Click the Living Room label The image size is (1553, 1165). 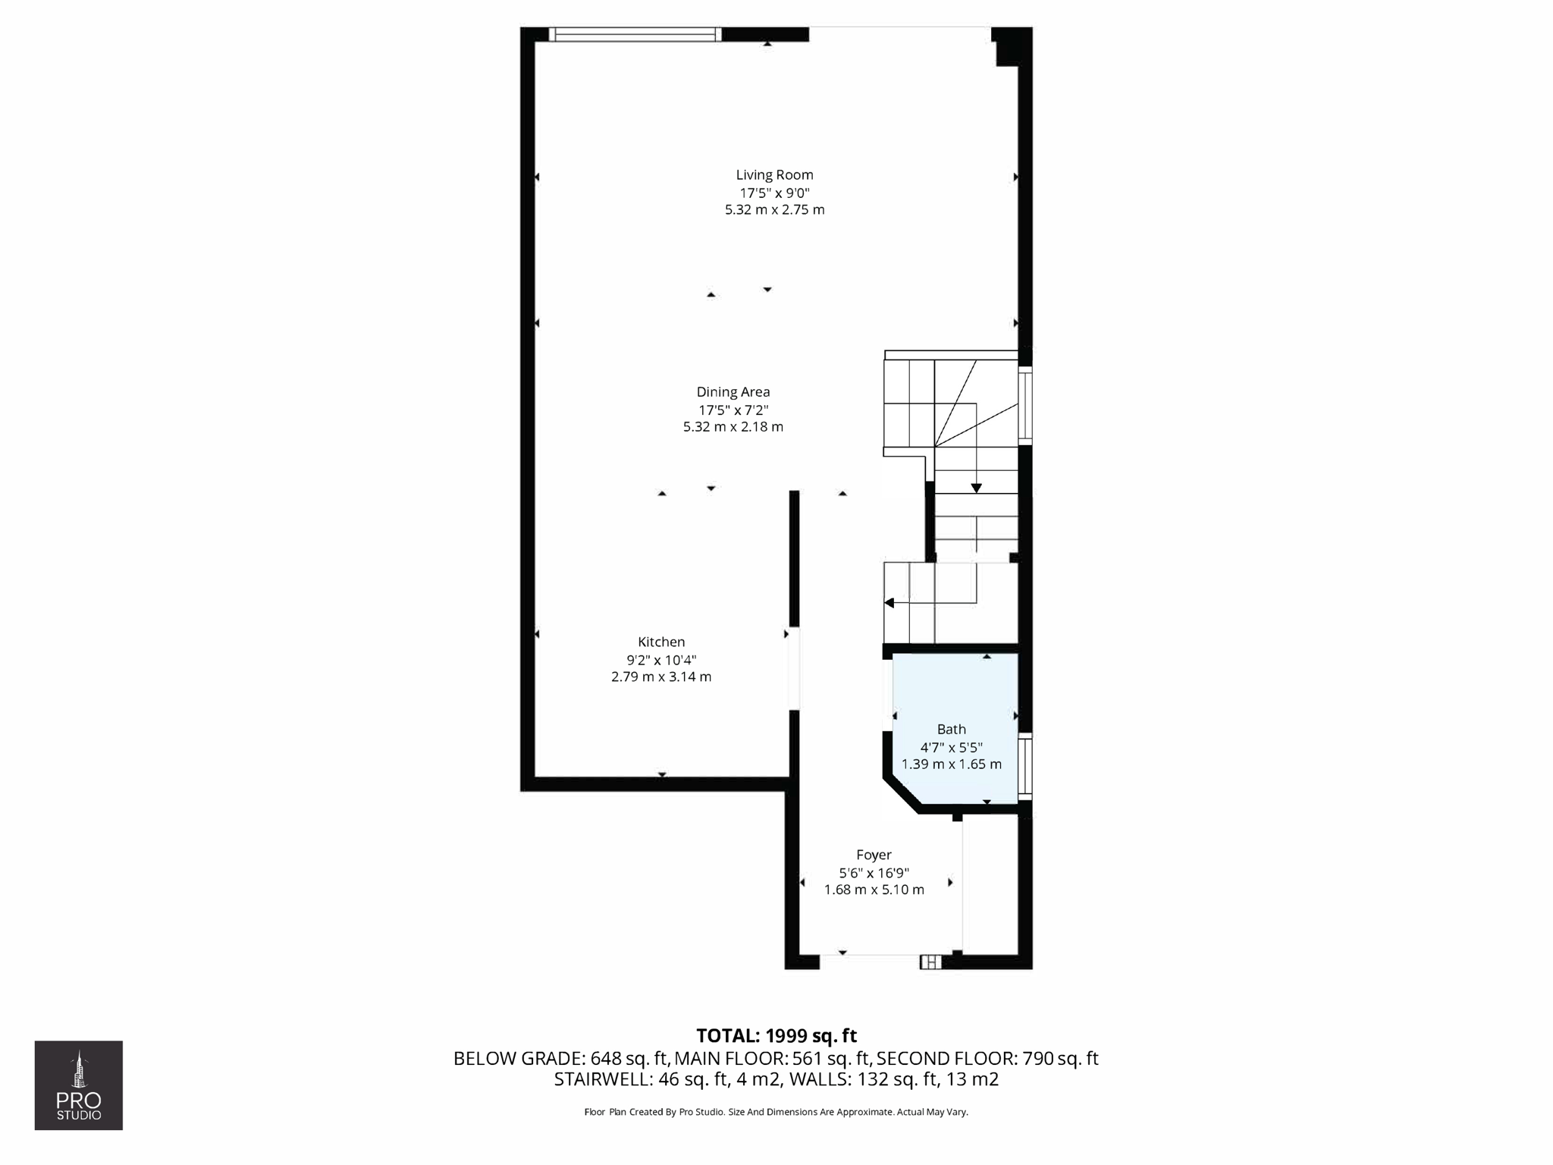774,174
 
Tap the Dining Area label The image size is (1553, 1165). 733,392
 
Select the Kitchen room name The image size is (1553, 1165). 661,642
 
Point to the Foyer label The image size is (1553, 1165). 874,855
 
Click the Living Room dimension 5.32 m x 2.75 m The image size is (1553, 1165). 774,210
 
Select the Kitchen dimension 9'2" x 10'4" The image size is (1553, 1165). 661,660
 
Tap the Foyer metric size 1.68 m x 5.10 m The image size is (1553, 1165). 874,890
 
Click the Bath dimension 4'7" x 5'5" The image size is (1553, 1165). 951,747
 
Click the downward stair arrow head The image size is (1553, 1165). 976,488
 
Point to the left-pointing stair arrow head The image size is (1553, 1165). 889,603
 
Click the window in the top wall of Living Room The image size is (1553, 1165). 635,34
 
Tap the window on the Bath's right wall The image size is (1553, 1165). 1024,766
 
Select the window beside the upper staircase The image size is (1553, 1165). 1024,405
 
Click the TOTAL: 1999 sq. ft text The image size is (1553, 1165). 776,1036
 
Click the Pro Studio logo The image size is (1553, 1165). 79,1085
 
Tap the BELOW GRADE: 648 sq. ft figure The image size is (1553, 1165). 561,1058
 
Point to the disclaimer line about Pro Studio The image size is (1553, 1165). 776,1112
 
